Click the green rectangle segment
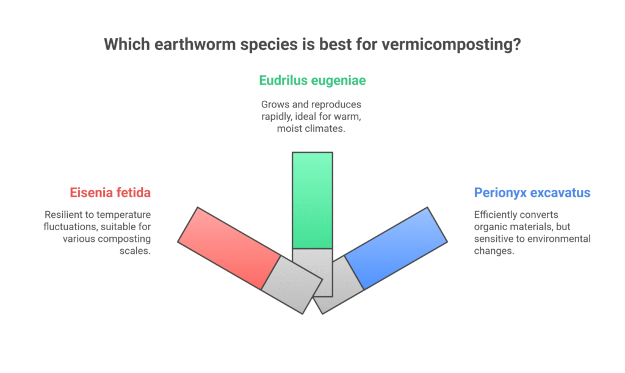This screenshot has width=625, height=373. tap(312, 200)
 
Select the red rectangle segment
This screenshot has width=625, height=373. tap(229, 248)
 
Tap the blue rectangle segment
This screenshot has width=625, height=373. tap(396, 248)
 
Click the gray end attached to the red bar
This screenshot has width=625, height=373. tap(292, 284)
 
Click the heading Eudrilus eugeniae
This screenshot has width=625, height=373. tap(312, 80)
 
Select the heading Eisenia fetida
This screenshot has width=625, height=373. tap(109, 193)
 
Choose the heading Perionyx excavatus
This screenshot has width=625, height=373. tap(532, 193)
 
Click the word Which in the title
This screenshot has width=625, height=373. tap(125, 45)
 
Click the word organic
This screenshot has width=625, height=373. tap(491, 226)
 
